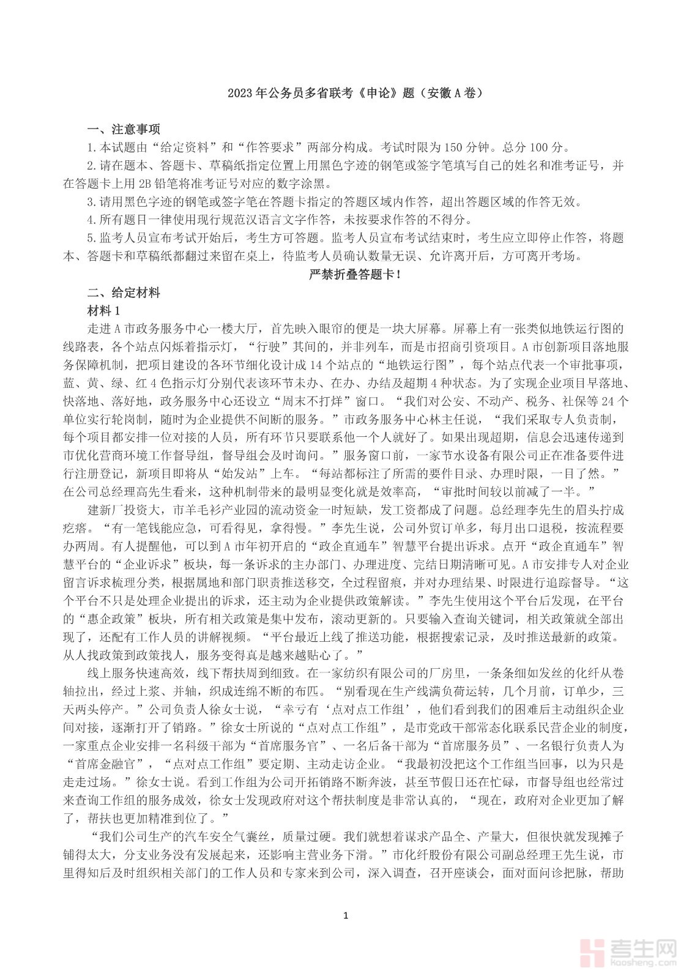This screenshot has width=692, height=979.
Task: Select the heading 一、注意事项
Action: point(124,130)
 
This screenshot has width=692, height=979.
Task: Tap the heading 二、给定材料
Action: point(124,292)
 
